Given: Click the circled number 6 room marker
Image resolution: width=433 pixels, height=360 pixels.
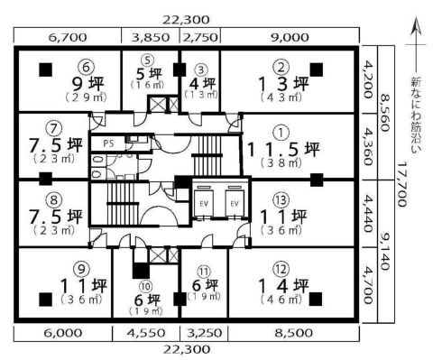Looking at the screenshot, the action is click(86, 68).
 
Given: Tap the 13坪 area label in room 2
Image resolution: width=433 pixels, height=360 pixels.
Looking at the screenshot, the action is click(283, 84).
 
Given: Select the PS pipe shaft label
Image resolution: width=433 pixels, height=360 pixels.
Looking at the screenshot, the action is click(108, 143).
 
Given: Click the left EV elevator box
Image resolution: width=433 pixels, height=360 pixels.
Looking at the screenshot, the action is click(204, 203).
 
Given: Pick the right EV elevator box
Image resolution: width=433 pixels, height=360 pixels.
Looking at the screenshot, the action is click(235, 203).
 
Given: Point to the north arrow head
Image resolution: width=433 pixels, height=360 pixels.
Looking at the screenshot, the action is click(416, 25).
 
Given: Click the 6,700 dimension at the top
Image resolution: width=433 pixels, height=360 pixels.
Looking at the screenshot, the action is click(68, 37).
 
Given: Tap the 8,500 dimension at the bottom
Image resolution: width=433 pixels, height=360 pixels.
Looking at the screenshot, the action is click(293, 333).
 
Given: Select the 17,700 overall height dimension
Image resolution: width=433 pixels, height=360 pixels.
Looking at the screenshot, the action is click(402, 184).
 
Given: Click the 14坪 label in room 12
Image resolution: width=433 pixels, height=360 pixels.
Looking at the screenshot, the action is click(283, 286).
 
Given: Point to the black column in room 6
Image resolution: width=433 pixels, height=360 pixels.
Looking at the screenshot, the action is click(46, 69).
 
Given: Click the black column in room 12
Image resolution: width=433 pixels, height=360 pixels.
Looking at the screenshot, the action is click(317, 299).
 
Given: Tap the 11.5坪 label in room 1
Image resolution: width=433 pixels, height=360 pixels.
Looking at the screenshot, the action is click(282, 149).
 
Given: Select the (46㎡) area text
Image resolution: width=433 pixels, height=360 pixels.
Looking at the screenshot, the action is click(281, 299).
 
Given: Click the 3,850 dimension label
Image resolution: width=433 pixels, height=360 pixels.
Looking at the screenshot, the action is click(151, 37).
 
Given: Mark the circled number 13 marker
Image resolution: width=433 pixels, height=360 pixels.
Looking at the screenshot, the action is click(281, 200).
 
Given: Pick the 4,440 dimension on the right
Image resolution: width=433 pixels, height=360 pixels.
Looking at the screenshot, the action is click(369, 214).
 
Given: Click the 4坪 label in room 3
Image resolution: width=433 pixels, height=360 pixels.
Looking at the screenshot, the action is click(202, 84).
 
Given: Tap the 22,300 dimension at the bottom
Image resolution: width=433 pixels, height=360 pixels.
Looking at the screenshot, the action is click(187, 349).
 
